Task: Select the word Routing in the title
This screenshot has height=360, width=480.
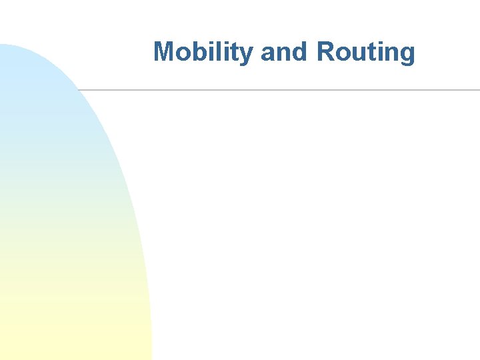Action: pos(365,52)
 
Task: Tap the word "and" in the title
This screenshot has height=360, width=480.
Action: pos(285,52)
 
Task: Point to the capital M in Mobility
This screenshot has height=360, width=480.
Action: pos(164,52)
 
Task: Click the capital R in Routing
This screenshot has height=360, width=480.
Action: pos(325,52)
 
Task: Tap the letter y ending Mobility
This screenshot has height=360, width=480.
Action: pos(248,55)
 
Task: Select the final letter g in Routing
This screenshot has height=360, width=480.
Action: pos(407,55)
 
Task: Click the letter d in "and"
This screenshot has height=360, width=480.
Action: pos(300,52)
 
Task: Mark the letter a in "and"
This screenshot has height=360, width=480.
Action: pos(269,53)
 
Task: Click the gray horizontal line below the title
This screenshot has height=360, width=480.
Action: pos(280,89)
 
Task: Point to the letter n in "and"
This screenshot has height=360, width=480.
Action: pos(284,53)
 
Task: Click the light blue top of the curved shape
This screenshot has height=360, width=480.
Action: pos(27,73)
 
